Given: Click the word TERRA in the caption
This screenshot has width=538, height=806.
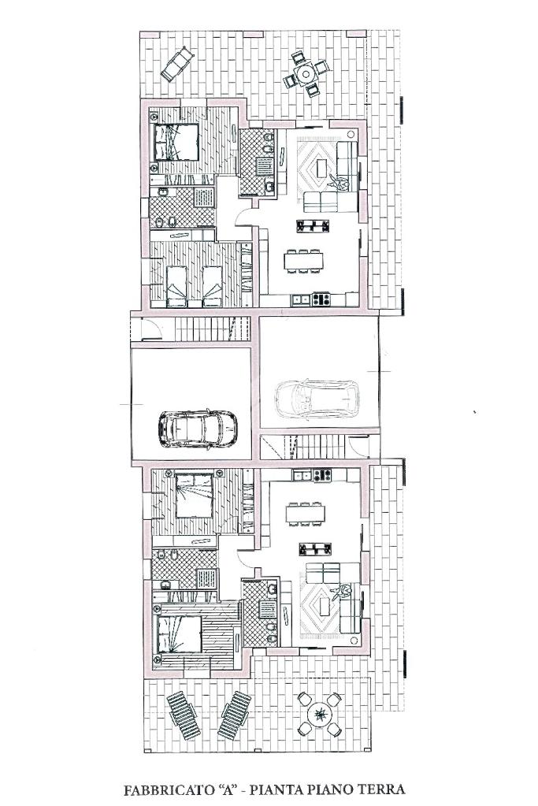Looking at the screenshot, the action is coord(383,789).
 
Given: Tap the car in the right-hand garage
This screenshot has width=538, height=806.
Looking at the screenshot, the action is coord(317,399).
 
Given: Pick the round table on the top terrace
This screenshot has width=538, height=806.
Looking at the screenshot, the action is coord(306,74).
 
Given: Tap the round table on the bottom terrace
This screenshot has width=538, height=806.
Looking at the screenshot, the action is coord(321,714).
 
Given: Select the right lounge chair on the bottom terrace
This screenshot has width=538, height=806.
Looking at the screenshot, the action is coord(234,714).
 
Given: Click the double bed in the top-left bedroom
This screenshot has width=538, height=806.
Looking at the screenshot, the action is coord(174,141).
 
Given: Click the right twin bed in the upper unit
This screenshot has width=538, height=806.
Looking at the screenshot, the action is coord(212,286).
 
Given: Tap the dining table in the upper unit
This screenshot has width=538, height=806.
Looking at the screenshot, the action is coord(303,262).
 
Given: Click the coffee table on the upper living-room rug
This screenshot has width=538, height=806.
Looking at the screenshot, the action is coord(323,167).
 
